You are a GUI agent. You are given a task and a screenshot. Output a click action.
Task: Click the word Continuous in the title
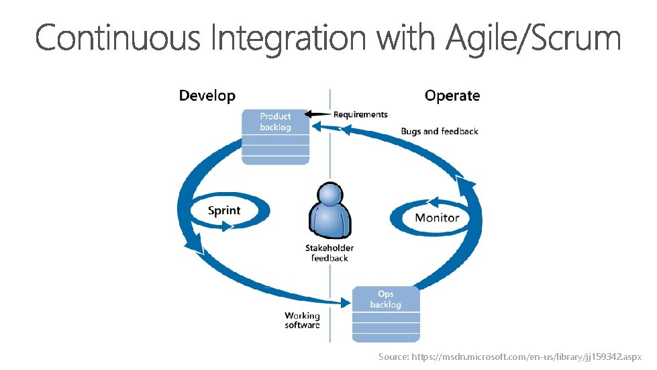pos(117,38)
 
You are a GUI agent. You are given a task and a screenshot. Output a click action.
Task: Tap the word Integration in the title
pos(289,38)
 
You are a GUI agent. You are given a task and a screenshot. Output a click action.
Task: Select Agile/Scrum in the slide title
pos(534,38)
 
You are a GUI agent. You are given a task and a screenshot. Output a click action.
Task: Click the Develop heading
pos(207,96)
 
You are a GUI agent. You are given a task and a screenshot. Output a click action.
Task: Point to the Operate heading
pos(452,96)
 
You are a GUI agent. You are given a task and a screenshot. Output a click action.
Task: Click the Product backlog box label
pos(275,122)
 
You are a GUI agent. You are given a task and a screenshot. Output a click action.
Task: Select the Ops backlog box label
pos(385,299)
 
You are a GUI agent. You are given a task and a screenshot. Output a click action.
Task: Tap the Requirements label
pos(360,115)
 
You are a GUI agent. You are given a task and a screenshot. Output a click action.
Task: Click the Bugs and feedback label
pos(440,132)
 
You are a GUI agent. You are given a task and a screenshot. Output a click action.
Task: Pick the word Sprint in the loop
pos(224,211)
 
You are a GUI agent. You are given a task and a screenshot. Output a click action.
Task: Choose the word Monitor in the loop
pos(437,218)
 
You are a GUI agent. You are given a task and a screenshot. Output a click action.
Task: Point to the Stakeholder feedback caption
pos(330,253)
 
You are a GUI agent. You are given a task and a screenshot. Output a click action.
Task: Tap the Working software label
pos(302,320)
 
